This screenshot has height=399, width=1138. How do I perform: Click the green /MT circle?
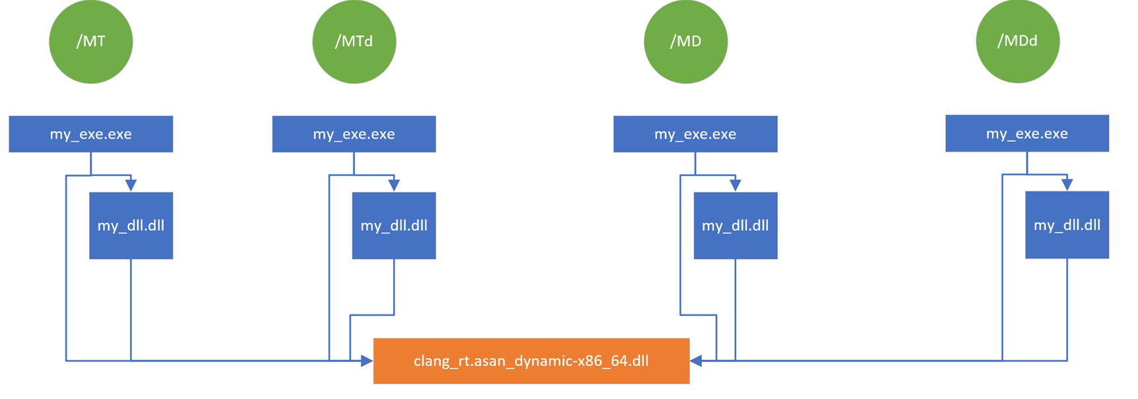pyautogui.click(x=91, y=42)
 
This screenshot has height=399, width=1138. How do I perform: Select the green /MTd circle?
pyautogui.click(x=354, y=42)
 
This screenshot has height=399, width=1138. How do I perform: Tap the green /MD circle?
pyautogui.click(x=685, y=42)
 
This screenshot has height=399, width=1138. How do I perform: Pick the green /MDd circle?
pyautogui.click(x=1017, y=41)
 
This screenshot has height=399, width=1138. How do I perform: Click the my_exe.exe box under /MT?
pyautogui.click(x=91, y=134)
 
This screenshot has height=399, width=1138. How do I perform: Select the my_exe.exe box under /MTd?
pyautogui.click(x=354, y=134)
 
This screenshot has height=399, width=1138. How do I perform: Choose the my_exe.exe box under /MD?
pyautogui.click(x=695, y=134)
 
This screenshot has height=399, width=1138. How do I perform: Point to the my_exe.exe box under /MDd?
pyautogui.click(x=1027, y=133)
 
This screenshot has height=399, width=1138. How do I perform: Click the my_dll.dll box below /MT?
pyautogui.click(x=131, y=226)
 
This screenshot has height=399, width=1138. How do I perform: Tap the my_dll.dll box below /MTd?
pyautogui.click(x=394, y=226)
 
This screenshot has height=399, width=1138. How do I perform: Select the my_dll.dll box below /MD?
pyautogui.click(x=735, y=226)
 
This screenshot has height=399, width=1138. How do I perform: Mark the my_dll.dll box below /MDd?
pyautogui.click(x=1067, y=225)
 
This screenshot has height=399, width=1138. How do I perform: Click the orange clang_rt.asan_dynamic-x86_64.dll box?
pyautogui.click(x=531, y=361)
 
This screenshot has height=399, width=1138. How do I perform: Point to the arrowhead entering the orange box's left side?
pyautogui.click(x=367, y=361)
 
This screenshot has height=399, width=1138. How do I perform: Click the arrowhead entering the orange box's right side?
pyautogui.click(x=696, y=361)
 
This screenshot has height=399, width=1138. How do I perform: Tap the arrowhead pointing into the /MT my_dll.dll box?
pyautogui.click(x=131, y=185)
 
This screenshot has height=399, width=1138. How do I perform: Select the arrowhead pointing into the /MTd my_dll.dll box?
pyautogui.click(x=394, y=185)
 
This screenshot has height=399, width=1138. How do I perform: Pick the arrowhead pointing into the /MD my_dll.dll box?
pyautogui.click(x=735, y=185)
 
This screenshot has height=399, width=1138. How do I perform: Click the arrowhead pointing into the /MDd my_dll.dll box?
pyautogui.click(x=1067, y=185)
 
